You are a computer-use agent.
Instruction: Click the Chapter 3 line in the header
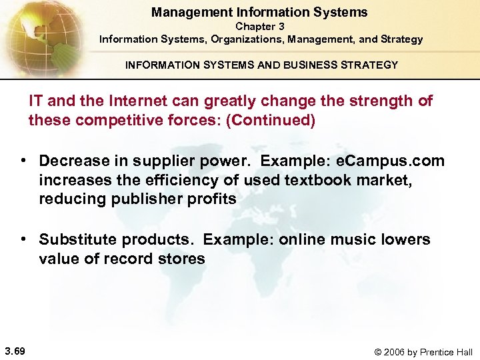point(260,27)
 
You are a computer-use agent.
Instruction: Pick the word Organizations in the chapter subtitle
point(247,39)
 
